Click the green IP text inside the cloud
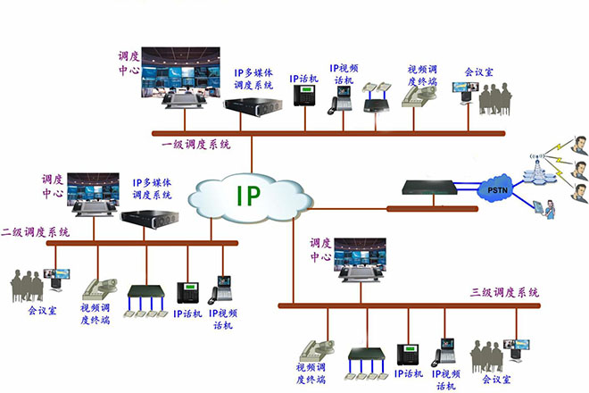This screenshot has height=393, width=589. coord(248,196)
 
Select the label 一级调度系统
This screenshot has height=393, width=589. coord(195,144)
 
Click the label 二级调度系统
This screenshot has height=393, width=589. coord(35,231)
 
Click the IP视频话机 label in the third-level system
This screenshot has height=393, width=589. coord(446,378)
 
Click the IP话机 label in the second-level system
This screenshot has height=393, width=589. coord(188,314)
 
